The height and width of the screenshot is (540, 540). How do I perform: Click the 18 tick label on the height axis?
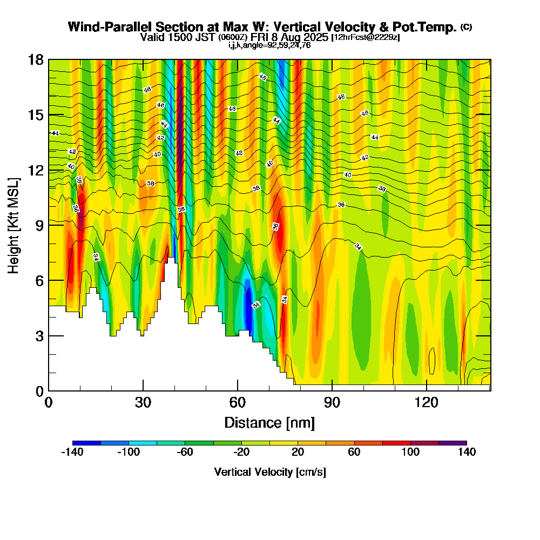35,59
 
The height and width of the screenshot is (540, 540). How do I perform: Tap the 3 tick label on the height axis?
38,336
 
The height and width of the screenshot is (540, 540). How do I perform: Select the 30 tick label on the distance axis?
143,402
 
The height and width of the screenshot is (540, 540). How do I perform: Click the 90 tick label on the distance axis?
332,402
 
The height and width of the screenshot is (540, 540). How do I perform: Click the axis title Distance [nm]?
269,422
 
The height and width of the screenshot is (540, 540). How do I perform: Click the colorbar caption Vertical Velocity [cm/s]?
270,472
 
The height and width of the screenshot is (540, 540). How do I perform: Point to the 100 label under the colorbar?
411,452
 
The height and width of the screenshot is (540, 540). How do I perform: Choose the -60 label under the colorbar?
185,452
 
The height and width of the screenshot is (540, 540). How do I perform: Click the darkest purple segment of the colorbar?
453,443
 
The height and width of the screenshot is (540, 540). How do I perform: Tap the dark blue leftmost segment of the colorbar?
86,443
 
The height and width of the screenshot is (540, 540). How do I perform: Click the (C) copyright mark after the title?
466,26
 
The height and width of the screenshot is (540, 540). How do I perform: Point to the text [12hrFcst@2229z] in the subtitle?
365,38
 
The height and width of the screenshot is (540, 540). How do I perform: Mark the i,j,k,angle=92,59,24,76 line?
270,45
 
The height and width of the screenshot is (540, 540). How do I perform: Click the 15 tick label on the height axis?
35,115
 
